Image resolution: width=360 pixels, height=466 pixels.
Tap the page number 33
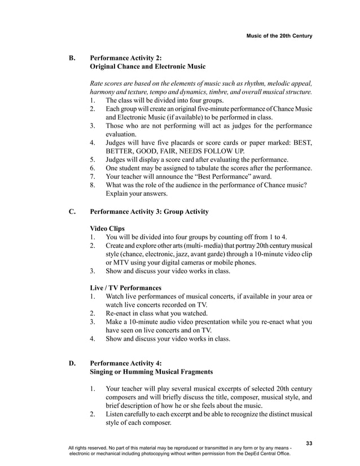point(309,443)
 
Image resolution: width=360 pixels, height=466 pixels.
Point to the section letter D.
point(72,363)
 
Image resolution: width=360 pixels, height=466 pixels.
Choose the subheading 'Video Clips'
point(108,228)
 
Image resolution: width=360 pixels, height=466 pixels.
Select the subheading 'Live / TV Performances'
point(125,288)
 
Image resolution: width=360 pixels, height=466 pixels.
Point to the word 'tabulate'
point(217,168)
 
